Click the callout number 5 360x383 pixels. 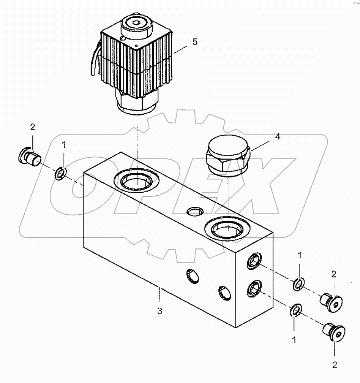195,42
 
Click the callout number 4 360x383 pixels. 278,137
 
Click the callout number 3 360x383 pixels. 160,311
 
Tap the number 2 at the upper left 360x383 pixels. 33,127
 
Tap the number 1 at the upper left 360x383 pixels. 64,144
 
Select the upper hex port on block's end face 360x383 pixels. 254,261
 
